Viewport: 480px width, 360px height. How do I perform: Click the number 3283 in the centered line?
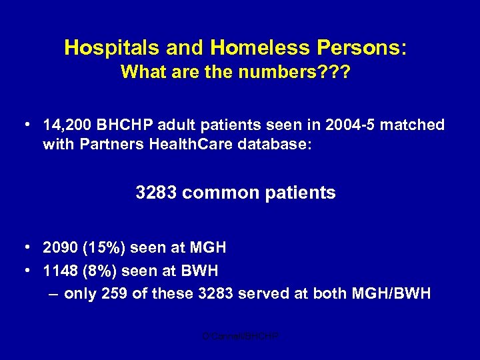pos(156,193)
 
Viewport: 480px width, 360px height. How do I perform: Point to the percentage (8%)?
pos(100,271)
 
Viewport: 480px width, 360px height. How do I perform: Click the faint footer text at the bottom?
pos(240,337)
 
